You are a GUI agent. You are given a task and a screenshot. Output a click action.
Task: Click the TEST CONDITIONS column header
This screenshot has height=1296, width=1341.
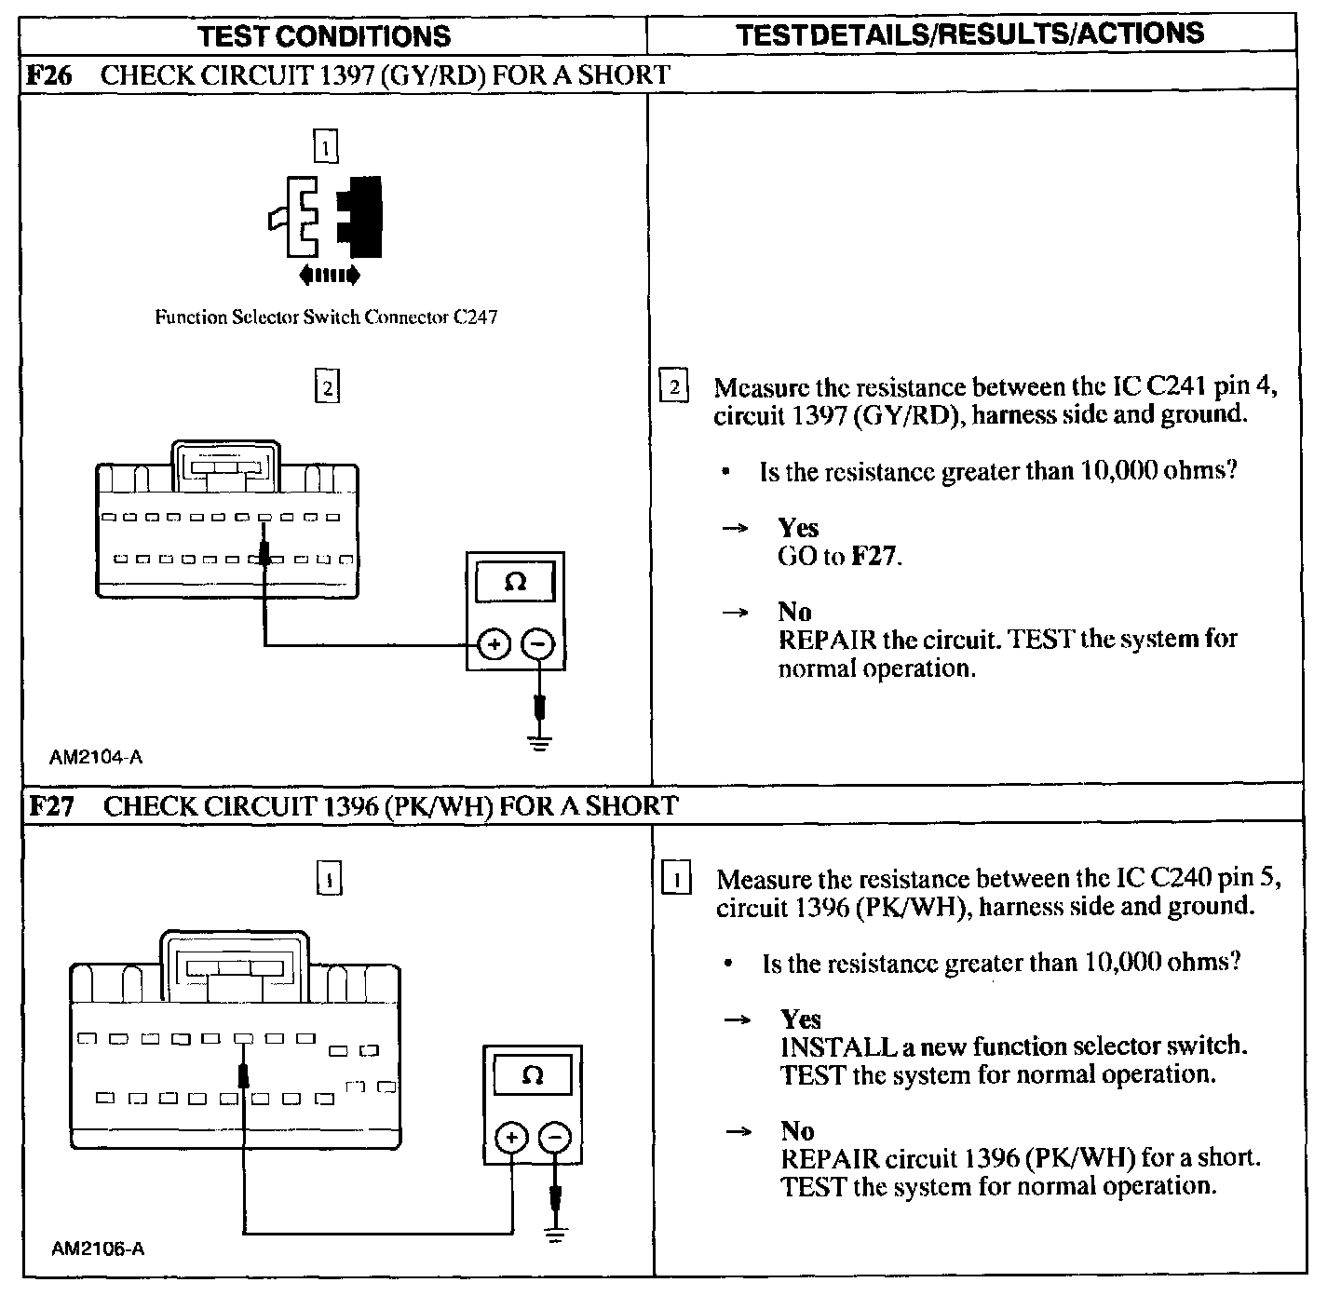324,35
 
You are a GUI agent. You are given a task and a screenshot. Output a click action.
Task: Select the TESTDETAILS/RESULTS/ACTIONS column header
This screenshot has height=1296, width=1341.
969,34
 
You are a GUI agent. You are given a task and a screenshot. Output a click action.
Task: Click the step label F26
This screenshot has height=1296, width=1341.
50,74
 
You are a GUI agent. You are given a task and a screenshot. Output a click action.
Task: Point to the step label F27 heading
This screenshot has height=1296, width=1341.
52,805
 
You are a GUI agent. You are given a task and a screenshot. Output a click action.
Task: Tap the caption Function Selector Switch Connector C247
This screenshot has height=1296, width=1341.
326,317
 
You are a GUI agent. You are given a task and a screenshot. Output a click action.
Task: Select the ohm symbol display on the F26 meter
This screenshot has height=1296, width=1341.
515,583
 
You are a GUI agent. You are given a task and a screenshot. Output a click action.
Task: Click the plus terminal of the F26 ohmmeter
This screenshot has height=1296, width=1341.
494,644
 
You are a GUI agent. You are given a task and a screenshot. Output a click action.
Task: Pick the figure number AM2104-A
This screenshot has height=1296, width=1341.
96,757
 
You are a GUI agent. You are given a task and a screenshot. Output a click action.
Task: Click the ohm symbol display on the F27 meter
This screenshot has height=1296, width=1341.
533,1075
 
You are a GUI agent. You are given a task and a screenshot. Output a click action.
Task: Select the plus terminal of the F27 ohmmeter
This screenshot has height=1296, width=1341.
511,1138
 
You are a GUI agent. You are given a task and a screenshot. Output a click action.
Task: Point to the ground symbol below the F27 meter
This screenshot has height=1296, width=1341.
556,1235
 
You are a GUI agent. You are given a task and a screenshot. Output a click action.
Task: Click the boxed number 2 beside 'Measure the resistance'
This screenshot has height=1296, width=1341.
673,386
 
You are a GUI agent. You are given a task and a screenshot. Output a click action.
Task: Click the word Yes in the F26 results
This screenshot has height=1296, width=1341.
798,528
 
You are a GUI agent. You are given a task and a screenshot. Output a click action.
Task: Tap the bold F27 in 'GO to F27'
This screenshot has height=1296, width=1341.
875,557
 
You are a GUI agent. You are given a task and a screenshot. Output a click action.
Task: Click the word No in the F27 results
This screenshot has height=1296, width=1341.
797,1131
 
